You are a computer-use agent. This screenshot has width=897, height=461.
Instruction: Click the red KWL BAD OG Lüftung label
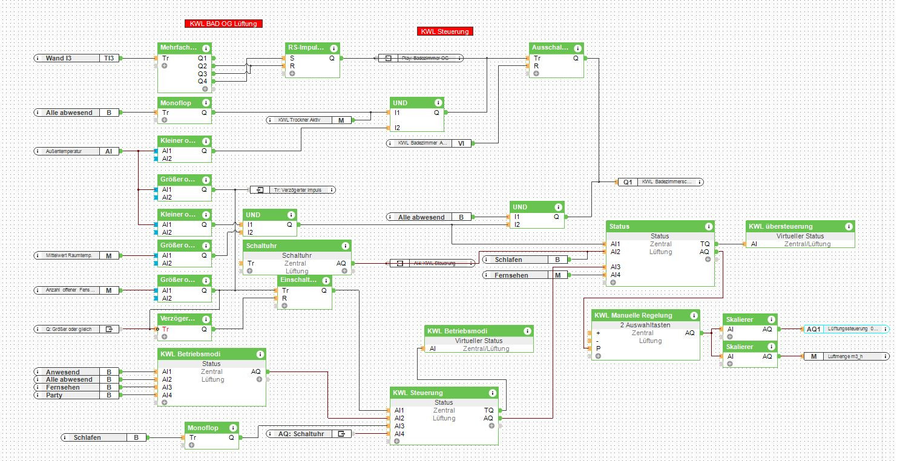[223, 24]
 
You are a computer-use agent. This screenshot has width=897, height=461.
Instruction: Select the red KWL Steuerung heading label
[445, 31]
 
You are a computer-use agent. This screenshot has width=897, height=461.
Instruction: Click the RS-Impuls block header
[306, 48]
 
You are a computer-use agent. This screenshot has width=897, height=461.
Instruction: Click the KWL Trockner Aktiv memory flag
[309, 120]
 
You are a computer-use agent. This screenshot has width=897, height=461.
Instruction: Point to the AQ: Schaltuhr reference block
[309, 433]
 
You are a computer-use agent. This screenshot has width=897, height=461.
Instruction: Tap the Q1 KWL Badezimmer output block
[660, 181]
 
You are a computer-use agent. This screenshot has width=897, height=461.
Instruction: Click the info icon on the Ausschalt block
[577, 48]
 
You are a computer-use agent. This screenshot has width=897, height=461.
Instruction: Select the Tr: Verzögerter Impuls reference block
[293, 190]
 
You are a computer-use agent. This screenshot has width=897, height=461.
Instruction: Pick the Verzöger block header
[179, 318]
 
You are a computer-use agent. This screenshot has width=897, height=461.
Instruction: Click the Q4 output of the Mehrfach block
[202, 81]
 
